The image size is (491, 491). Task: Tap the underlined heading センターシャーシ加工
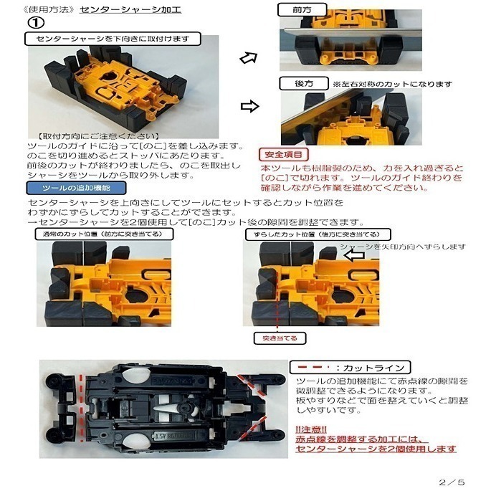click(130, 10)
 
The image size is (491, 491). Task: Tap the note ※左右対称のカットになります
click(391, 84)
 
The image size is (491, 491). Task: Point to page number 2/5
click(453, 482)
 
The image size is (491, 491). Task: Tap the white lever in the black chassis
click(163, 406)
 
